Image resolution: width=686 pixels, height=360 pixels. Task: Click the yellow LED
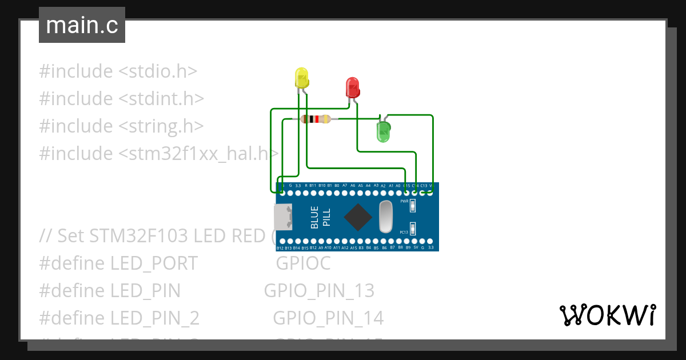[x=301, y=78]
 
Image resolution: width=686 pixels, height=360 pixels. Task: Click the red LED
[x=352, y=88]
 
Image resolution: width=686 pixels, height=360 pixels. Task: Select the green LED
[x=383, y=131]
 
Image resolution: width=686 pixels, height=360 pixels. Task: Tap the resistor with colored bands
[x=315, y=119]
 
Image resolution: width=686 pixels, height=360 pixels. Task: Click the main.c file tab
[x=82, y=25]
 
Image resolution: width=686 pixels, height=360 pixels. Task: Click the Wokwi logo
[x=607, y=315]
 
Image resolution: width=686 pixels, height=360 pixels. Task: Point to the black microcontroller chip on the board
[x=358, y=217]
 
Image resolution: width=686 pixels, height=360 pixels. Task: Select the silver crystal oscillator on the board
[x=386, y=217]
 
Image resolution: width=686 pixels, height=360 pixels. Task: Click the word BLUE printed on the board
[x=314, y=217]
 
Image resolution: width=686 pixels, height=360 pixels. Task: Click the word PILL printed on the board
[x=326, y=217]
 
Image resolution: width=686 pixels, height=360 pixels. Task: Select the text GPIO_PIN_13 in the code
[x=319, y=291]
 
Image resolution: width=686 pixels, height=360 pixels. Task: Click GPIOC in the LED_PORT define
[x=303, y=263]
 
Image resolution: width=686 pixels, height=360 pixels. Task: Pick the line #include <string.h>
[x=121, y=126]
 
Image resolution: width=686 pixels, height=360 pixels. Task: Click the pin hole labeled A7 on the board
[x=345, y=193]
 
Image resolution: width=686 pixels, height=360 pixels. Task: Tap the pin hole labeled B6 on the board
[x=384, y=241]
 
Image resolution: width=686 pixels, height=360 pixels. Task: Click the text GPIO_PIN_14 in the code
[x=328, y=318]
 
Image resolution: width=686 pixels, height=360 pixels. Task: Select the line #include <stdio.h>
[x=118, y=71]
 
